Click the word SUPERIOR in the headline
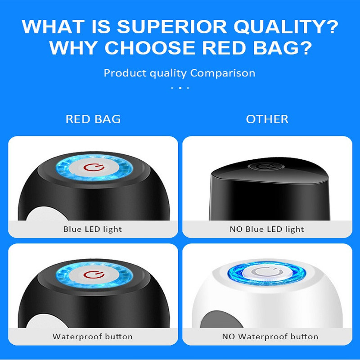coord(172,27)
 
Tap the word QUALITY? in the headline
coord(286,27)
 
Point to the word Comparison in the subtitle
coord(223,73)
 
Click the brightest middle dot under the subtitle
coord(180,88)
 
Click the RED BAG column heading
coord(93,119)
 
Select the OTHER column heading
coord(267,119)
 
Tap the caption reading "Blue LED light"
coord(93,229)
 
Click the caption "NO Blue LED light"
coord(267,229)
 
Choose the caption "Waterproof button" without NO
coord(93,337)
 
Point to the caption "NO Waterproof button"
coord(270,337)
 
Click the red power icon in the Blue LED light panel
coord(94,167)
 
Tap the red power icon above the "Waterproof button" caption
coord(94,274)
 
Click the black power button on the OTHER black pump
coord(266,166)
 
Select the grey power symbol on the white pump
coord(267,272)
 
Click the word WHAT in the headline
coord(53,27)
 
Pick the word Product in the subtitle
coord(126,73)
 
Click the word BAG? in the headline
coord(283,48)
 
